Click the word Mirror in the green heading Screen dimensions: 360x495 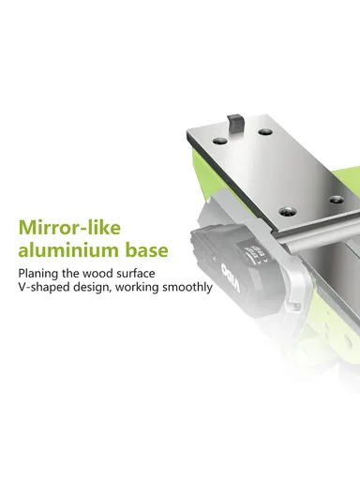pos(48,227)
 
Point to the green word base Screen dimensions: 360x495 pos(147,250)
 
